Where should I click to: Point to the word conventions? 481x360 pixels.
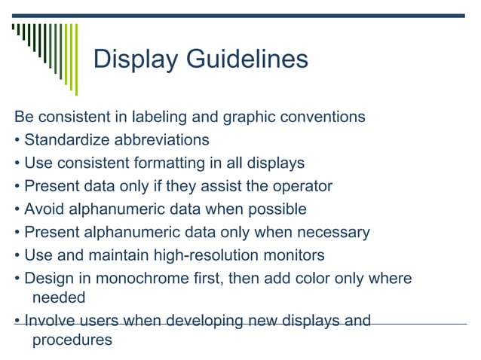tap(322, 117)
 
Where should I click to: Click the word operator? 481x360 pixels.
tap(305, 185)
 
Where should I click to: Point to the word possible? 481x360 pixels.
tap(280, 209)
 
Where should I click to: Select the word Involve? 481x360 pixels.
tap(47, 322)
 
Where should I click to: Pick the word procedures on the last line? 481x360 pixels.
tap(72, 340)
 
